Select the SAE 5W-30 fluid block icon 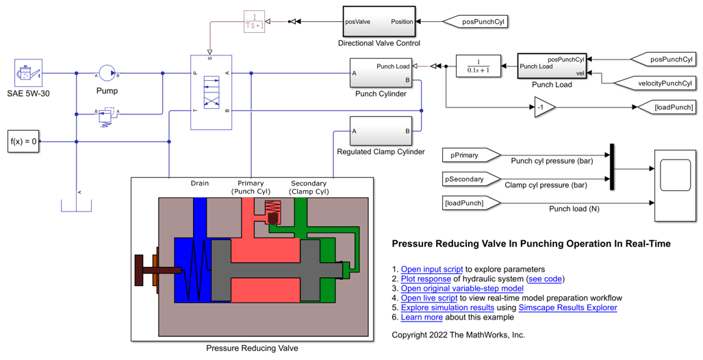click(x=28, y=73)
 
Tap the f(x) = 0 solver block click(x=23, y=142)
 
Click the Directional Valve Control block click(x=379, y=22)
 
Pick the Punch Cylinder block click(x=380, y=73)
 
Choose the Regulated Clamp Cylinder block click(x=380, y=131)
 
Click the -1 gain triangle click(x=544, y=107)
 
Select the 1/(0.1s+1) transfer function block click(x=478, y=66)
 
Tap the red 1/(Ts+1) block click(x=254, y=21)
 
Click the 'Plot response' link click(x=426, y=279)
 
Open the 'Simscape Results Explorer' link click(x=567, y=307)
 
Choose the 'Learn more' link click(x=421, y=317)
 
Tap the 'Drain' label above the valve click(x=199, y=183)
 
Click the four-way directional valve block click(x=211, y=92)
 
